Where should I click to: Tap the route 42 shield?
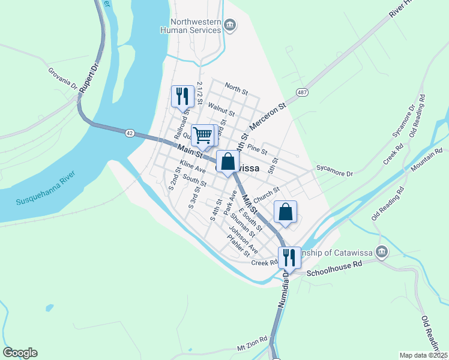tap(130, 133)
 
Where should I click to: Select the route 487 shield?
tap(301, 92)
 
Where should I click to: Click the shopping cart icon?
tap(203, 135)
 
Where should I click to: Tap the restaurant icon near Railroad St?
tap(182, 95)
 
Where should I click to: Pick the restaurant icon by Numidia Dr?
tap(289, 257)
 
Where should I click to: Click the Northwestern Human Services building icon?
tap(230, 25)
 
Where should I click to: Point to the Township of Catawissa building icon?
tap(381, 251)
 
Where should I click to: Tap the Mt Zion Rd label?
tap(251, 347)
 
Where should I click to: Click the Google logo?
tap(19, 353)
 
